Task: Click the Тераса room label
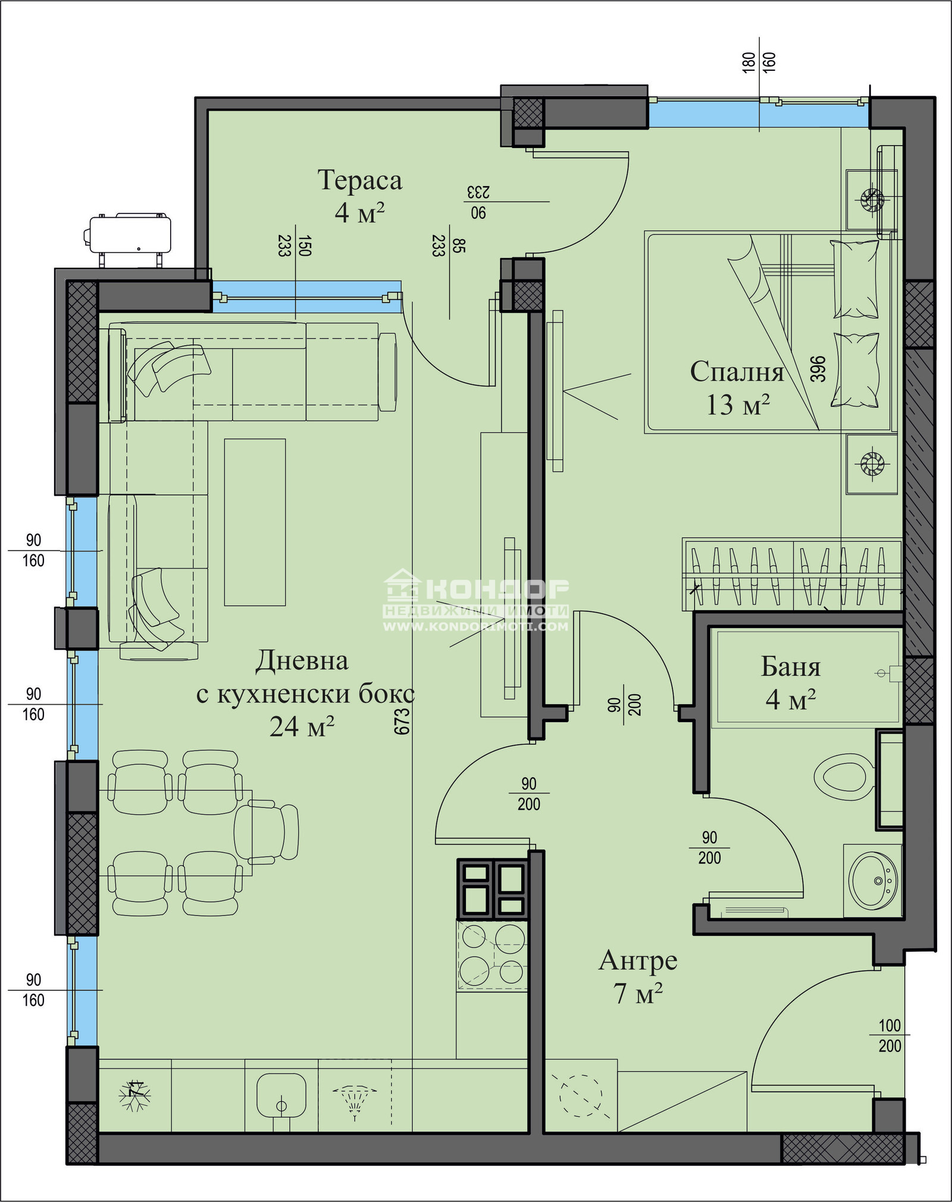pyautogui.click(x=359, y=180)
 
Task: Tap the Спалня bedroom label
pyautogui.click(x=737, y=372)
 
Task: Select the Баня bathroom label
pyautogui.click(x=791, y=667)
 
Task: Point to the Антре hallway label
pyautogui.click(x=638, y=961)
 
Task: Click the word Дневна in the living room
pyautogui.click(x=302, y=661)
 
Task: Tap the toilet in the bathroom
pyautogui.click(x=844, y=777)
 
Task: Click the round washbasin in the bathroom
pyautogui.click(x=873, y=881)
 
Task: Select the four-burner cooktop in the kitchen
pyautogui.click(x=492, y=956)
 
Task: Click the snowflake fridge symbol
pyautogui.click(x=135, y=1095)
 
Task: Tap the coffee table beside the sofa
pyautogui.click(x=255, y=522)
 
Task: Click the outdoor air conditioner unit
pyautogui.click(x=129, y=236)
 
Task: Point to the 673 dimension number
pyautogui.click(x=402, y=721)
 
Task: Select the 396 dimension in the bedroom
pyautogui.click(x=818, y=369)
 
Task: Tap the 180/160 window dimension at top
pyautogui.click(x=759, y=62)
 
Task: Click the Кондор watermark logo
pyautogui.click(x=476, y=600)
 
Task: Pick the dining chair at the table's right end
pyautogui.click(x=266, y=832)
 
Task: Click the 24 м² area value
pyautogui.click(x=302, y=726)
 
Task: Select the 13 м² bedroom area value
pyautogui.click(x=738, y=404)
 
